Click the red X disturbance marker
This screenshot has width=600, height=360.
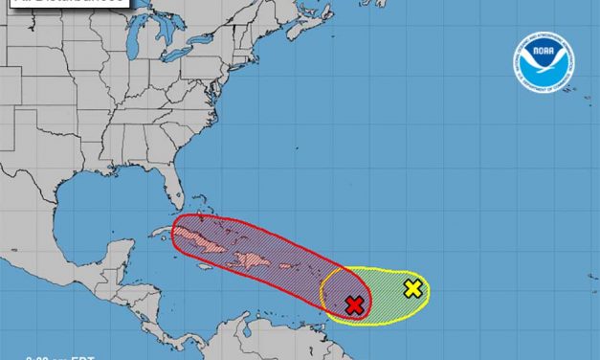click(x=354, y=304)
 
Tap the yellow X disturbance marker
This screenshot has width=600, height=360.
click(x=412, y=287)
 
